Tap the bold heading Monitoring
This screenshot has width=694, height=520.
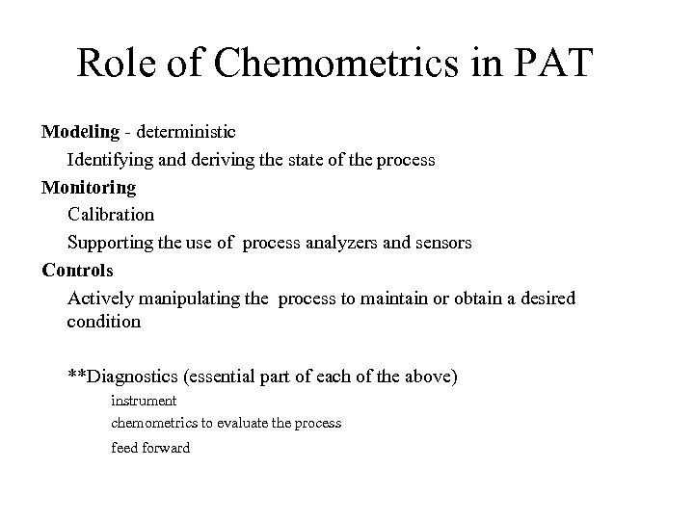point(89,187)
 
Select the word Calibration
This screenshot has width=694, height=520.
point(110,214)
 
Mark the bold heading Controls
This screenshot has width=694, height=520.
point(77,270)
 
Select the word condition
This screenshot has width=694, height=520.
point(103,323)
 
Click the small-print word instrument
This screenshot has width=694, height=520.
point(144,400)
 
